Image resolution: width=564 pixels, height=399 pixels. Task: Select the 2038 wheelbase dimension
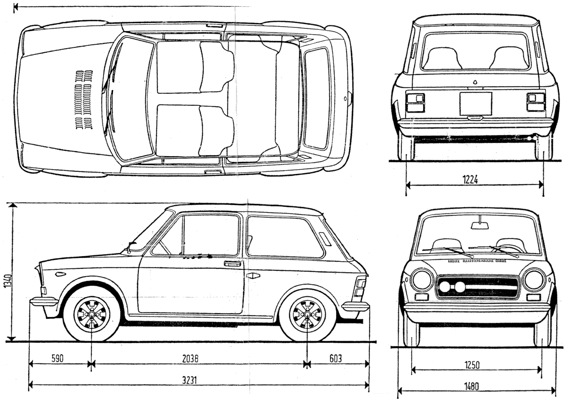(x=190, y=359)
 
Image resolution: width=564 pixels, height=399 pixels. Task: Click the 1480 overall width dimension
(x=471, y=386)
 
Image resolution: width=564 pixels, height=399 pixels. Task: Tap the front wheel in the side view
(x=91, y=315)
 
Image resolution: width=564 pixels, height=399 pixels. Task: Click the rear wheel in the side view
(x=307, y=315)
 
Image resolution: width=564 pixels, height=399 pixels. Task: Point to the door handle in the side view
(x=232, y=264)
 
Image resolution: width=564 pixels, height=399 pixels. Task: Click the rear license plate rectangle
(x=476, y=103)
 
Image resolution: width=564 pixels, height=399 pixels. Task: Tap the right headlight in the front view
(x=534, y=280)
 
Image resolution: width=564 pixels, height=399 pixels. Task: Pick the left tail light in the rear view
(x=415, y=102)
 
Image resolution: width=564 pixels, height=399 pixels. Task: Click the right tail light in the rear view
(x=535, y=102)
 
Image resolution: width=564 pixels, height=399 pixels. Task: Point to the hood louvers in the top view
(x=84, y=99)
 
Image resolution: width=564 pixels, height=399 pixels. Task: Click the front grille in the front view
(x=477, y=286)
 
